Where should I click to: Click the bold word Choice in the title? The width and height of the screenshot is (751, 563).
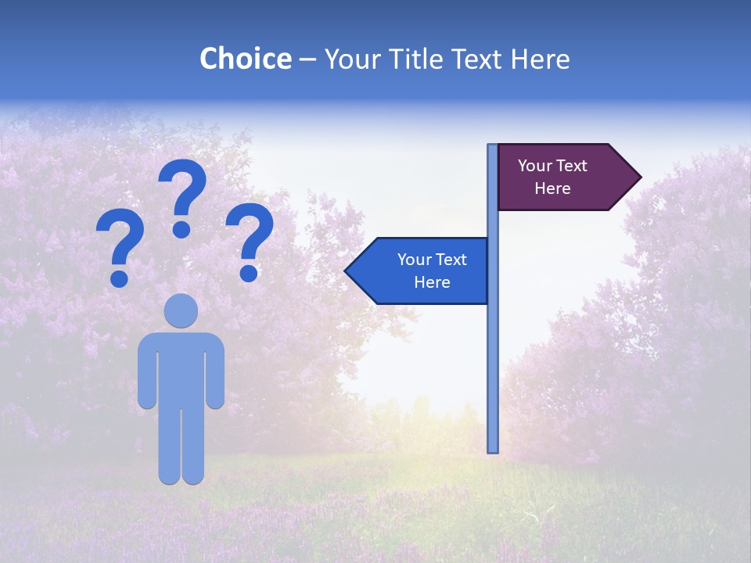(x=245, y=59)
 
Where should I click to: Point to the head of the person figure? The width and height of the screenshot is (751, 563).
(x=181, y=310)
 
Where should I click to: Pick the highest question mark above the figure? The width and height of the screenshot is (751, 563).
(x=182, y=195)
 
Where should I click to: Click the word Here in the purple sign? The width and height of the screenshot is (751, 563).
(x=552, y=188)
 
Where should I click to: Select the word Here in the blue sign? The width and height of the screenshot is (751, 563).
(x=432, y=282)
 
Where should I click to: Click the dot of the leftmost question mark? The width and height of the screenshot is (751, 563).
(x=120, y=278)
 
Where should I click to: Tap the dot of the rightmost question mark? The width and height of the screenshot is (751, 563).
(x=250, y=273)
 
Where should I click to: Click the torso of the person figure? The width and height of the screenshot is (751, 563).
(x=181, y=368)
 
